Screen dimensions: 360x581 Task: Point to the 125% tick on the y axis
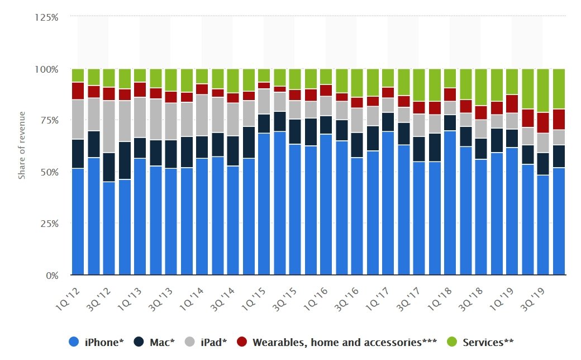pos(47,17)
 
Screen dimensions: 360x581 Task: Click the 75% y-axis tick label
pos(49,121)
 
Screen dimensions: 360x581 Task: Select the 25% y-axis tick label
pos(49,224)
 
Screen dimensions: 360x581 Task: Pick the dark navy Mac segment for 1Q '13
pos(140,148)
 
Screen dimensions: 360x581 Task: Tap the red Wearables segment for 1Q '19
pos(512,103)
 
